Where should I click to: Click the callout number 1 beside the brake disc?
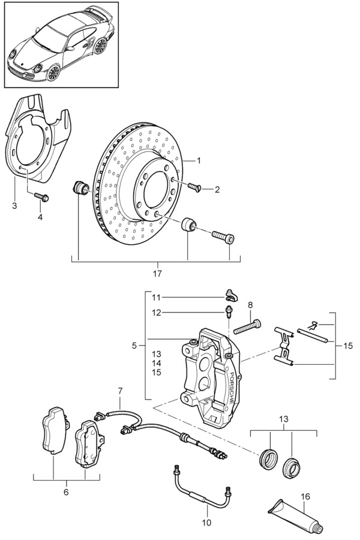199,160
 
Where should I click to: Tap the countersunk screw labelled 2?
194,187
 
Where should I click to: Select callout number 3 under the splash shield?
14,206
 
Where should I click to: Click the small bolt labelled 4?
41,197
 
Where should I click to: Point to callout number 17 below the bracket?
157,274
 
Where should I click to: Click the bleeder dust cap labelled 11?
231,295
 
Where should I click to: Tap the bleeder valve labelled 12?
228,311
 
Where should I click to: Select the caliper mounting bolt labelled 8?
247,326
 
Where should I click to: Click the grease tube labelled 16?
296,516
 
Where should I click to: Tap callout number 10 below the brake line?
206,523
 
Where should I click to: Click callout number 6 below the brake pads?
66,492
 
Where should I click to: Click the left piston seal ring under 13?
268,458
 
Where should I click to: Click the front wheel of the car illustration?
53,73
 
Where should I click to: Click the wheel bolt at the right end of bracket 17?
223,236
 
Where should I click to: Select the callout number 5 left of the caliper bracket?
134,346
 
